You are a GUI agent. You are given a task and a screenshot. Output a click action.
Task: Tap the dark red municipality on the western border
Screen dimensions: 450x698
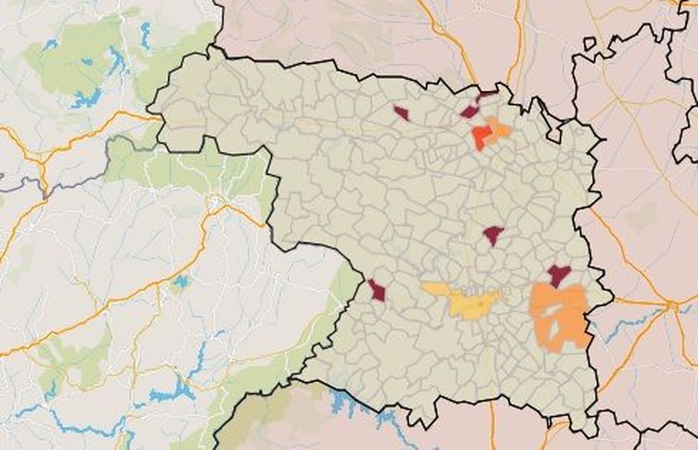[x=377, y=290]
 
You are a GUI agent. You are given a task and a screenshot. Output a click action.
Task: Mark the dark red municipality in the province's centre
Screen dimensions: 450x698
[x=493, y=235]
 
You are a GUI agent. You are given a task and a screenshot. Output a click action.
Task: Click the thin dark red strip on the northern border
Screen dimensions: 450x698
[x=488, y=93]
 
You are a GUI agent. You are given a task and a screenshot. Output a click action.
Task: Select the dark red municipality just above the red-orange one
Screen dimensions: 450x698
[x=469, y=112]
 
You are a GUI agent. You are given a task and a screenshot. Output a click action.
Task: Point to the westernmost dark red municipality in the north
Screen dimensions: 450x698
[x=401, y=113]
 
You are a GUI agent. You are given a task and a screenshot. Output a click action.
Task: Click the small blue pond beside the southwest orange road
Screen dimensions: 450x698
[x=179, y=282]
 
